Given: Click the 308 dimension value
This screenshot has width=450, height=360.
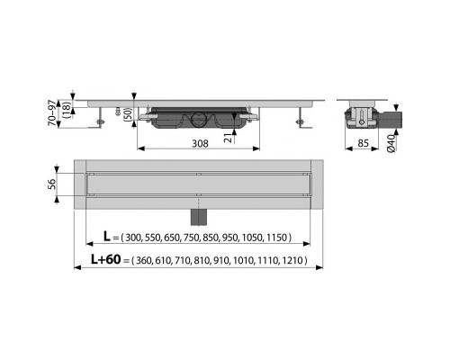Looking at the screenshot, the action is pyautogui.click(x=200, y=143).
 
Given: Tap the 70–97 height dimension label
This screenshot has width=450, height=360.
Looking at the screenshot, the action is pyautogui.click(x=52, y=112).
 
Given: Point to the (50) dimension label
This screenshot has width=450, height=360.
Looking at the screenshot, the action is pyautogui.click(x=128, y=113).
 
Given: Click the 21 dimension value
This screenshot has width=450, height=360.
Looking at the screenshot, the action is pyautogui.click(x=229, y=139).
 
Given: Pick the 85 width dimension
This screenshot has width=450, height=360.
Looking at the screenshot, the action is pyautogui.click(x=363, y=143).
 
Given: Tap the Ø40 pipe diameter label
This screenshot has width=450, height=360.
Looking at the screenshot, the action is pyautogui.click(x=391, y=144).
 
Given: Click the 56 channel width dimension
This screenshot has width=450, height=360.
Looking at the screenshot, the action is pyautogui.click(x=52, y=184).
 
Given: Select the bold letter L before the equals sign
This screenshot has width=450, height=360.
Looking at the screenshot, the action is pyautogui.click(x=107, y=237).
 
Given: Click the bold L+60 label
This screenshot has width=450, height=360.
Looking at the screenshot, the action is pyautogui.click(x=106, y=259).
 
